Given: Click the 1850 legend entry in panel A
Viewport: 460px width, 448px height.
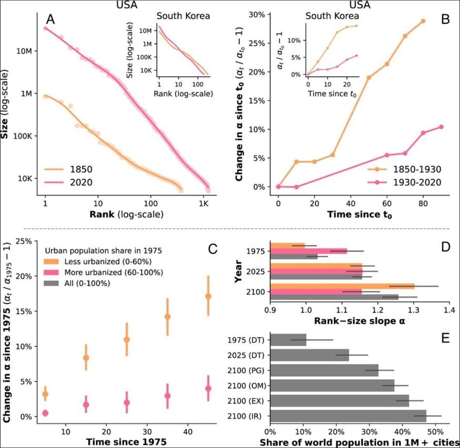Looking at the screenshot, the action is click(x=68, y=169).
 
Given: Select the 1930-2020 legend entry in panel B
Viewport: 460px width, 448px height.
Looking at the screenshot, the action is click(x=404, y=182).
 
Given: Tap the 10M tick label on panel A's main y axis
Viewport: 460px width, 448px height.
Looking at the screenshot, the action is click(x=24, y=51).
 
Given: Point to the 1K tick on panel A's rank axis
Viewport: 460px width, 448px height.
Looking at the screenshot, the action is click(x=204, y=203).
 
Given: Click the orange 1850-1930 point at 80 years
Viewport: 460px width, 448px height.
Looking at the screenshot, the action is click(x=423, y=21).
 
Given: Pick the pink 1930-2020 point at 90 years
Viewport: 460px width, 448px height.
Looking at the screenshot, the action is click(x=441, y=127).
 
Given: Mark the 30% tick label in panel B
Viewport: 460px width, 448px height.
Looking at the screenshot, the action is click(x=257, y=15).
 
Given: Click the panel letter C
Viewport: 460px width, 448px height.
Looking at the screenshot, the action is click(x=212, y=249).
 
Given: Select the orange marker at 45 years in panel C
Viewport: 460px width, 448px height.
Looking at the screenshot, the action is click(x=208, y=296).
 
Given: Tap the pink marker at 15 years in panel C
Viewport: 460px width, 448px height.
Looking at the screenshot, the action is click(x=86, y=405).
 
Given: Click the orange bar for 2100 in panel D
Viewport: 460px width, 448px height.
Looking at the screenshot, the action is click(x=342, y=286).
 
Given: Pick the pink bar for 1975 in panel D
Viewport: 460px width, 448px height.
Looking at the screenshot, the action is click(x=308, y=251).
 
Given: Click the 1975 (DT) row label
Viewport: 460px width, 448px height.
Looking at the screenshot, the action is click(x=246, y=340).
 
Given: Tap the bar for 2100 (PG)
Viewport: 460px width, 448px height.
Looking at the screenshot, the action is click(x=324, y=371).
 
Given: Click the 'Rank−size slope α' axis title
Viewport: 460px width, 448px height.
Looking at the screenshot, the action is click(x=359, y=321).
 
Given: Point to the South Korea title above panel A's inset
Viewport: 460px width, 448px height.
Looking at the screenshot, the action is click(x=183, y=16).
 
